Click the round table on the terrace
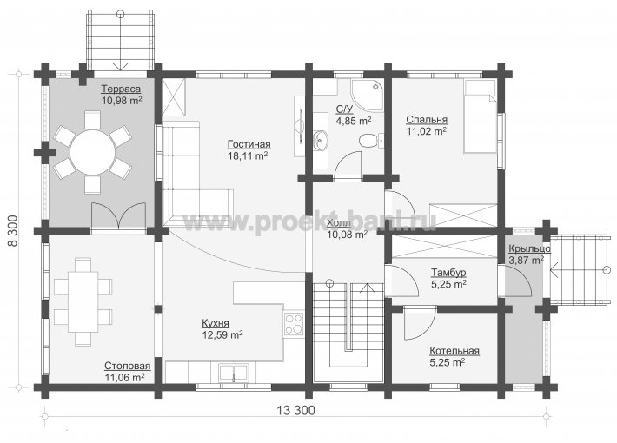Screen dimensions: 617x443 click(x=93, y=152)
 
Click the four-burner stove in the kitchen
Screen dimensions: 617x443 click(x=294, y=324)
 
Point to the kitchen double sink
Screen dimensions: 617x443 click(x=234, y=373)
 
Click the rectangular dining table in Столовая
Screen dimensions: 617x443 click(x=83, y=301)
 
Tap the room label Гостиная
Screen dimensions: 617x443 click(x=249, y=144)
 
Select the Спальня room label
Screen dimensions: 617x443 click(x=427, y=120)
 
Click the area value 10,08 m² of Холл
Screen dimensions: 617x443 click(x=347, y=235)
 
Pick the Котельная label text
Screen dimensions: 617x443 click(x=454, y=351)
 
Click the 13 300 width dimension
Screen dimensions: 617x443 click(x=296, y=410)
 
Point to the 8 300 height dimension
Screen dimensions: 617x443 click(x=13, y=231)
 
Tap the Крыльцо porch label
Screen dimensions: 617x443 click(x=529, y=249)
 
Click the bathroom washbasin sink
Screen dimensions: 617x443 click(x=322, y=139)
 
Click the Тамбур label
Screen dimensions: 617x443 click(x=448, y=272)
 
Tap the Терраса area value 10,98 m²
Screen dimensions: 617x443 click(x=122, y=100)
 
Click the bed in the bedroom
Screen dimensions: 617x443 click(x=480, y=116)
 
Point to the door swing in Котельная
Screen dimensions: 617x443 click(x=420, y=323)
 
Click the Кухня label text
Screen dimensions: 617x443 click(x=216, y=323)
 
